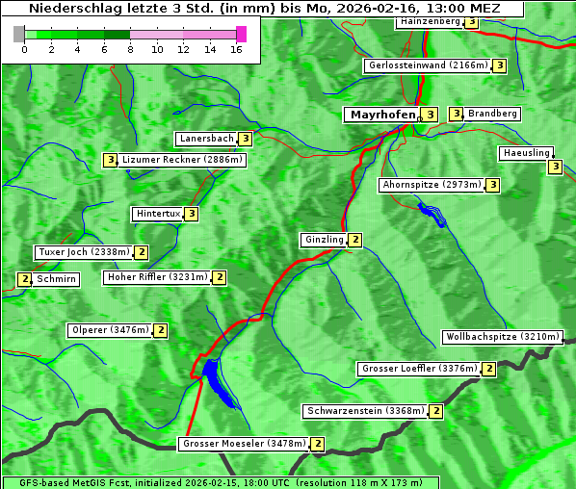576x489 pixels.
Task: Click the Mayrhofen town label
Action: [x=382, y=115]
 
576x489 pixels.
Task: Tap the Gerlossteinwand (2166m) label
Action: [x=428, y=65]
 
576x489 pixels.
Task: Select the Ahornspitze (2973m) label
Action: [x=432, y=184]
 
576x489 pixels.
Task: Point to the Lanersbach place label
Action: [x=207, y=139]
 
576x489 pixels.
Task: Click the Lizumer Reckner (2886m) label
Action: [x=182, y=160]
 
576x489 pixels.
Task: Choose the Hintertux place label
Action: [x=158, y=214]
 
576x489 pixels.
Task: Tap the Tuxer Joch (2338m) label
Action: [x=83, y=252]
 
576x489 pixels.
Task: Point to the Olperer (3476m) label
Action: [x=111, y=330]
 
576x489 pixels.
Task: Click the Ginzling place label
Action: [x=324, y=240]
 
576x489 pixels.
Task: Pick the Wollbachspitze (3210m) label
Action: [x=501, y=337]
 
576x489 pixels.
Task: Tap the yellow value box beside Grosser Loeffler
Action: [x=489, y=369]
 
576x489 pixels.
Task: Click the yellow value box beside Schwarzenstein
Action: [x=436, y=411]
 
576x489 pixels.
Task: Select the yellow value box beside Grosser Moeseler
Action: [x=318, y=445]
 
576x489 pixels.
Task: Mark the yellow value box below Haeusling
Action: [x=555, y=167]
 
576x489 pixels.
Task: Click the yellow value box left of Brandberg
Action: [x=456, y=114]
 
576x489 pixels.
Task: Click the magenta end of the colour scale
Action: [x=241, y=34]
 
